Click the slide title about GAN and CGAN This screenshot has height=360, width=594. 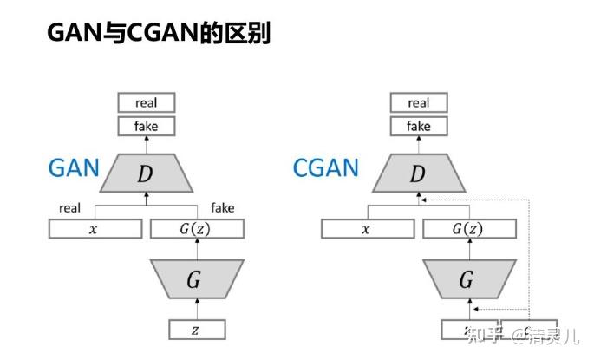pos(158,33)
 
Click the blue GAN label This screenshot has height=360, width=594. pos(74,167)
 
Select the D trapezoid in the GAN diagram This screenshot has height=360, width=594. pos(146,173)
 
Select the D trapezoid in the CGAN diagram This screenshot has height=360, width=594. pos(418,173)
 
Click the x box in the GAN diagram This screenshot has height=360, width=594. pos(95,229)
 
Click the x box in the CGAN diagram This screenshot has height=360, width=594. pos(367,229)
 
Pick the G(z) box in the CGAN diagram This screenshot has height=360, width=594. pos(468,229)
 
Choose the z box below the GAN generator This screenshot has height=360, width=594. pos(196,330)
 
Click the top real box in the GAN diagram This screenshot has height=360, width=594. pos(146,102)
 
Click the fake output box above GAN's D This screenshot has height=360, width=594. pos(146,126)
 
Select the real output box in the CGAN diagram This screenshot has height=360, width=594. pos(418,102)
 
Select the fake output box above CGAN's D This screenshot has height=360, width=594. pos(418,126)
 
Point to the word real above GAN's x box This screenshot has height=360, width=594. pos(69,208)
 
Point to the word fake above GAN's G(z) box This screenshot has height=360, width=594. pos(222,208)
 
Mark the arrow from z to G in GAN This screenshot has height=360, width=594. pos(196,309)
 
